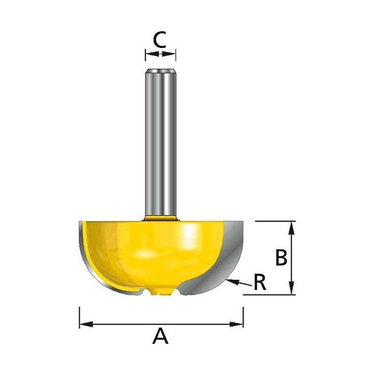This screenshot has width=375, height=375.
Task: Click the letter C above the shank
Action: [x=160, y=40]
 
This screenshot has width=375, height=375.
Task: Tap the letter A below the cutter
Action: [x=160, y=336]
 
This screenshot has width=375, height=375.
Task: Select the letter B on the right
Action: [x=281, y=257]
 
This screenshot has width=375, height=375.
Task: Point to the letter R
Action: [x=260, y=282]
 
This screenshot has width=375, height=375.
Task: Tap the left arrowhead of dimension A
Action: [x=86, y=324]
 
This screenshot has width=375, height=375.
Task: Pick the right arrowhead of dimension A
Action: [x=236, y=324]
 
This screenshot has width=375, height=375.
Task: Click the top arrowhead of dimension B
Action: [x=291, y=228]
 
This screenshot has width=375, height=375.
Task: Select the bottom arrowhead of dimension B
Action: [x=291, y=287]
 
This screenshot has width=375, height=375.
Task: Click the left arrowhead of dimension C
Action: [x=152, y=54]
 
